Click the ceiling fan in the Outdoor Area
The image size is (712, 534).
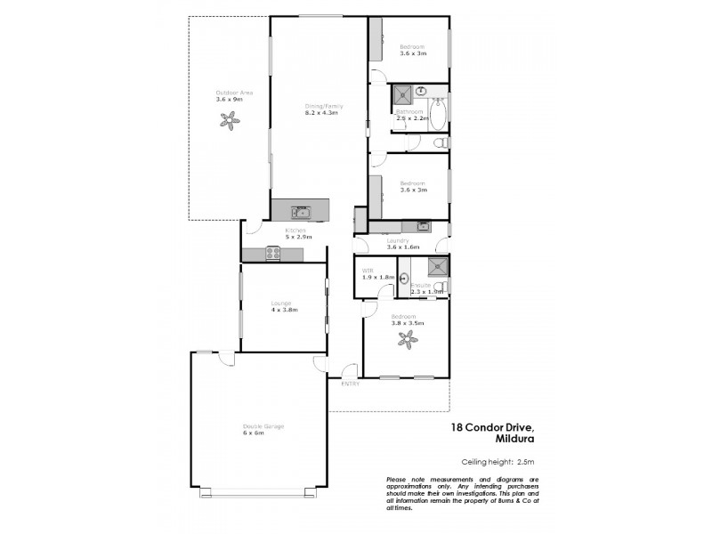click(229, 124)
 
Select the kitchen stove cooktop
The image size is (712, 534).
click(273, 255)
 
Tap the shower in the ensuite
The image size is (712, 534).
click(437, 267)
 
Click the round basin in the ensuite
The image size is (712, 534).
click(403, 278)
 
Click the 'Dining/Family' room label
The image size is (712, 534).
click(323, 106)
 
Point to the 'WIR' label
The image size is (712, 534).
click(367, 270)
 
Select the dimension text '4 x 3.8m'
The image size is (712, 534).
click(284, 310)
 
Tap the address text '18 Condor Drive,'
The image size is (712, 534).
click(491, 427)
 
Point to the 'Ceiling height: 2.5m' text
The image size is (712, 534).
click(498, 461)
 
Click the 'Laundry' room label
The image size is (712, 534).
click(396, 240)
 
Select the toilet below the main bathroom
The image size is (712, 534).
click(437, 142)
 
